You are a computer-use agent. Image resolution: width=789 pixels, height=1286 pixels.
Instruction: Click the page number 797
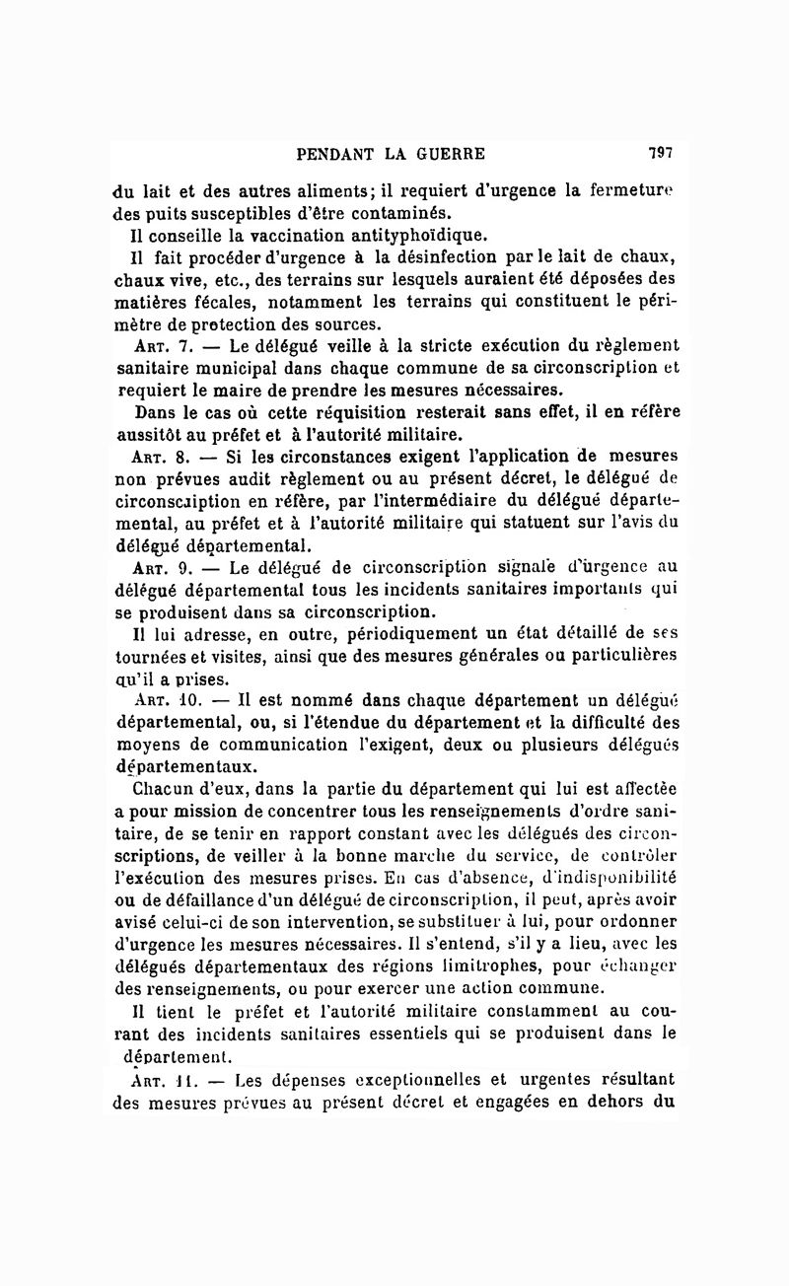(x=660, y=153)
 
